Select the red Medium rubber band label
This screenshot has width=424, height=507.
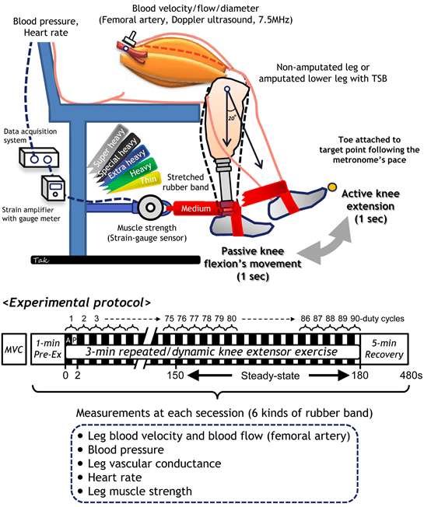pos(187,208)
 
